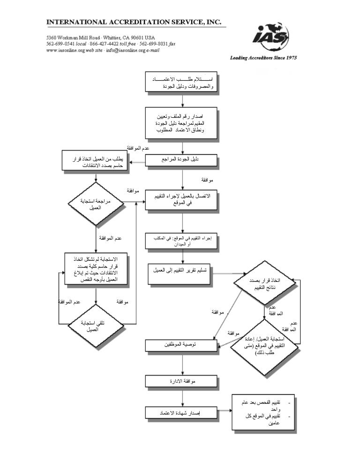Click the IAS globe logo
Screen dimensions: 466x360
click(271, 37)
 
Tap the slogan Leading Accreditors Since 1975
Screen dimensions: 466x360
click(263, 58)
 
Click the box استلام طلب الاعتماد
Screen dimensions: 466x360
click(181, 83)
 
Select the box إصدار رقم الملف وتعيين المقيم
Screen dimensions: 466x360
click(181, 123)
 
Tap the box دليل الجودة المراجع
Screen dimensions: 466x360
click(181, 160)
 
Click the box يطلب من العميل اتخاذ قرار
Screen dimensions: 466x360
click(96, 163)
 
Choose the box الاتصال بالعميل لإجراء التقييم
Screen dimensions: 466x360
click(181, 200)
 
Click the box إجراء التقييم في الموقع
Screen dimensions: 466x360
click(181, 242)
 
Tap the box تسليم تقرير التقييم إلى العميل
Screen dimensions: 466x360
click(181, 271)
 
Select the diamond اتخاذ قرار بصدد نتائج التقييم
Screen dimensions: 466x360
click(264, 282)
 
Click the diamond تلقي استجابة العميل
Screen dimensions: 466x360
click(96, 325)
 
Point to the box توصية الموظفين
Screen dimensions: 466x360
click(181, 346)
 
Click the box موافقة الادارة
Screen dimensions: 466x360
click(181, 381)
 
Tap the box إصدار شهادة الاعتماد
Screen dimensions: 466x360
click(181, 413)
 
